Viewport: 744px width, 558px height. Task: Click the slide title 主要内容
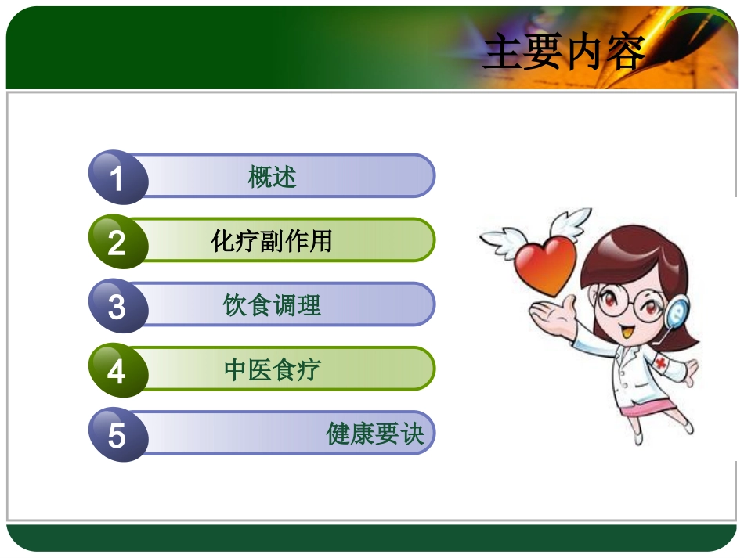(565, 53)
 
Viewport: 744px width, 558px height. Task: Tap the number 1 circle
(117, 178)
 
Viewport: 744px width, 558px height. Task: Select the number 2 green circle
(117, 242)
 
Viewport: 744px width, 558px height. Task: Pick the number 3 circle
(117, 306)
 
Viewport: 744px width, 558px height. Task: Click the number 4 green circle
(117, 370)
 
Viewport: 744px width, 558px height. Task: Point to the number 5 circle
(117, 434)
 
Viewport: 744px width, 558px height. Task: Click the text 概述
(272, 178)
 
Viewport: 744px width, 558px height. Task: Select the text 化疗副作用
(272, 241)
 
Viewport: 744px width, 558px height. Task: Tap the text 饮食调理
(272, 305)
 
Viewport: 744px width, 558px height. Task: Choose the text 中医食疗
(272, 369)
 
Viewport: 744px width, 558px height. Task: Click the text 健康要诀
(374, 434)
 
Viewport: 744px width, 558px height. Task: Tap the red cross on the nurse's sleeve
(662, 364)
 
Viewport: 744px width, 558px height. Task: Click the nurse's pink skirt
(652, 409)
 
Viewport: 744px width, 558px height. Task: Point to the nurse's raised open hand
(548, 313)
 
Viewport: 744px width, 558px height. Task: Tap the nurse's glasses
(627, 301)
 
